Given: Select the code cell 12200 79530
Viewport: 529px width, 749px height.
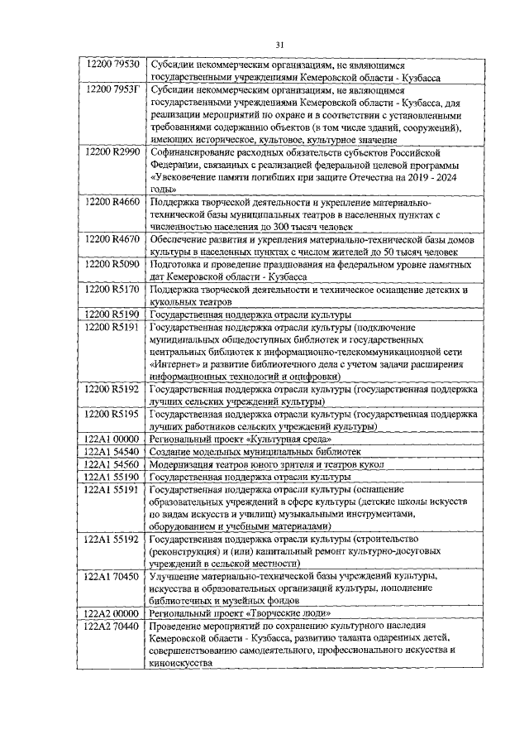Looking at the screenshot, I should (x=114, y=65).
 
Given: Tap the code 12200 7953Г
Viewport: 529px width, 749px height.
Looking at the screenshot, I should (x=114, y=89).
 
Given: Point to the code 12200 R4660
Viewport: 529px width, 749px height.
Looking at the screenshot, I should (x=114, y=201).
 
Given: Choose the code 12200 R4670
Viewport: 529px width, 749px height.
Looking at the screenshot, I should (x=114, y=238).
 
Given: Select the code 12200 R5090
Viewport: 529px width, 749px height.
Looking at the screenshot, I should (x=114, y=264).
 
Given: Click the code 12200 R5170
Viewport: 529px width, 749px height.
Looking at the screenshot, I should (x=114, y=290).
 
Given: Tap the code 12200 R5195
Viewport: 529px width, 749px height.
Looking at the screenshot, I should (x=114, y=413).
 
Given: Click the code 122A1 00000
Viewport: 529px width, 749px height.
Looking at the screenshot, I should (x=114, y=439).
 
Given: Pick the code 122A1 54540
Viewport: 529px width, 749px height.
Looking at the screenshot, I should (x=114, y=452).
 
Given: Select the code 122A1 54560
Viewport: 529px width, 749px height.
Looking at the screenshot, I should (x=114, y=464).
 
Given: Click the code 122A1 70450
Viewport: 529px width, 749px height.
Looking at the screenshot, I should (x=114, y=575).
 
